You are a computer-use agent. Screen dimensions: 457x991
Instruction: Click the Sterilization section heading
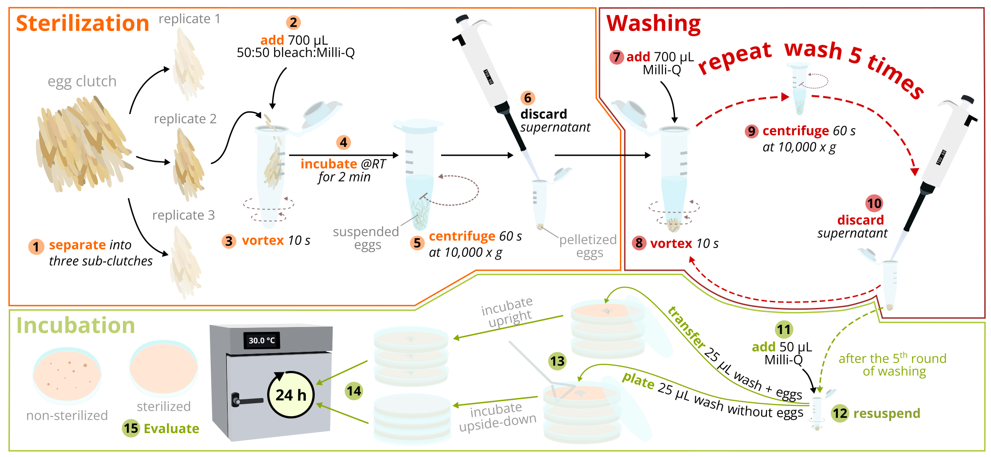83,23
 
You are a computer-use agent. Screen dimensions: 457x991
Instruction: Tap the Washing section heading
653,24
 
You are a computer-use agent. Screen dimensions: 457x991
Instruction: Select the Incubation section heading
75,325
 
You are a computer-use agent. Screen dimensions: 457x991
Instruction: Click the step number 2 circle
293,22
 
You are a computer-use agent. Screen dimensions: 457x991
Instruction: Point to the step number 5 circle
417,243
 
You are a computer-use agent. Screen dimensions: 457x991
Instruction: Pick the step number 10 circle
874,203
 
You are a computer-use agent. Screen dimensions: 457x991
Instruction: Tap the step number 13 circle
557,361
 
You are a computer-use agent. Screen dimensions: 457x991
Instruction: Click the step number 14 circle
354,391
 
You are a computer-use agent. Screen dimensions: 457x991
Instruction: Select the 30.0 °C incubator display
261,340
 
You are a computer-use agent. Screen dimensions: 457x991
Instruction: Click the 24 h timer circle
291,394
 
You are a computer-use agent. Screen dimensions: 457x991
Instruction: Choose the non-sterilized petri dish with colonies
67,375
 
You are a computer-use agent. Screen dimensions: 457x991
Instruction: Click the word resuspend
886,414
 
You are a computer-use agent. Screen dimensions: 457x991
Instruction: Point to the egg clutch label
82,81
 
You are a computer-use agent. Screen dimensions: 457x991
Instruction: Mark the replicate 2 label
185,119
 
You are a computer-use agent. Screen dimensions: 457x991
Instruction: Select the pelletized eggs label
588,246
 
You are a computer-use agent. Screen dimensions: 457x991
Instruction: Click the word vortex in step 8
671,243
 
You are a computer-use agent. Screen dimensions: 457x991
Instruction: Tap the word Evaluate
171,429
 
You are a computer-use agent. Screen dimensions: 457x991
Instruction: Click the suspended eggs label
366,238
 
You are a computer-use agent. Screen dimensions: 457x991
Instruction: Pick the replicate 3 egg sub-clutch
185,262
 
